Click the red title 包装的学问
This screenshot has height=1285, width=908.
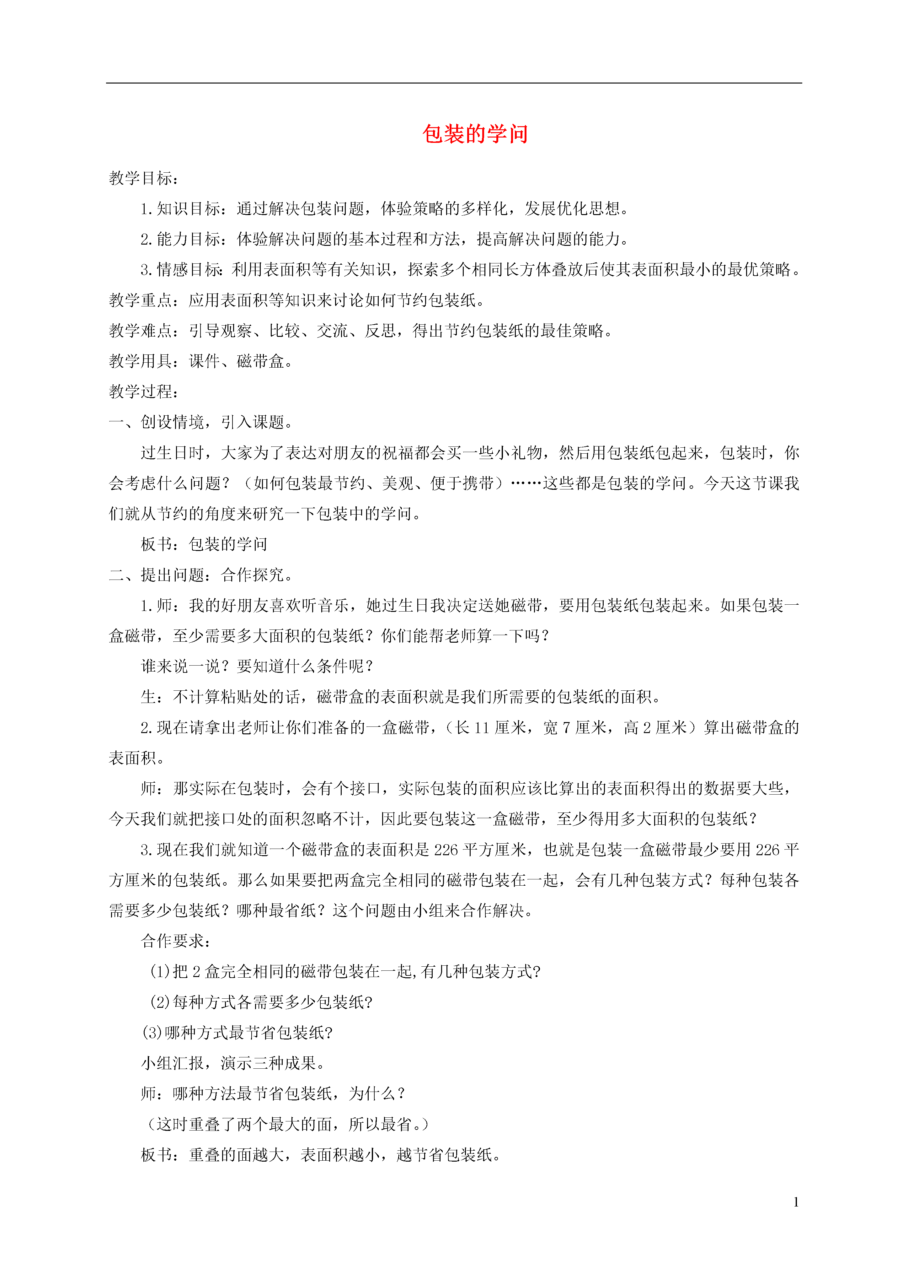pyautogui.click(x=475, y=134)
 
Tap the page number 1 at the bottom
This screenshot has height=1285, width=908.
pyautogui.click(x=796, y=1202)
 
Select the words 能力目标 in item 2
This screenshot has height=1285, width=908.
pyautogui.click(x=189, y=240)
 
